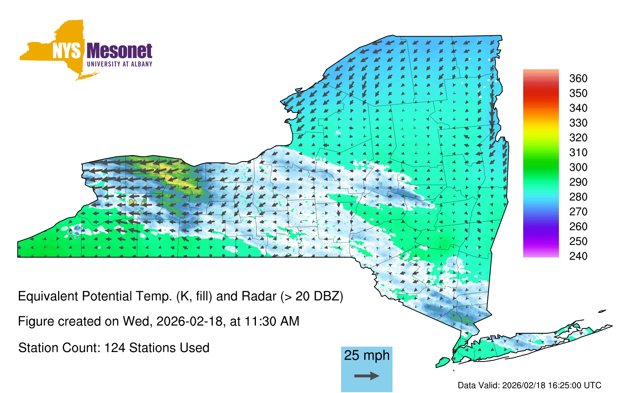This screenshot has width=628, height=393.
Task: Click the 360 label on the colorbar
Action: (x=578, y=78)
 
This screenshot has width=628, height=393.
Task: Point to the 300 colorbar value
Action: (x=578, y=167)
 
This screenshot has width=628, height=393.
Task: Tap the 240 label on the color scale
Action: (x=578, y=256)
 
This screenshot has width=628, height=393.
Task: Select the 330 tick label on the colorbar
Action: (x=578, y=123)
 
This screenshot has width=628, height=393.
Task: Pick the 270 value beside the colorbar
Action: (x=578, y=212)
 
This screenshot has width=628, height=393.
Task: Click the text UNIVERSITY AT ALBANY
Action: (x=119, y=64)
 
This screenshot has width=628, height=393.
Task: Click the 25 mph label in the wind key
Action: (x=367, y=356)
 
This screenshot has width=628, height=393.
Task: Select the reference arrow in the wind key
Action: (x=367, y=376)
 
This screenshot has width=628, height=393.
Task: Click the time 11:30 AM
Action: (x=272, y=321)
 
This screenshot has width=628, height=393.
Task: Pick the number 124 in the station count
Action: (x=114, y=348)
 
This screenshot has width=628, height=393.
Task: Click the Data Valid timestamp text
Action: (x=529, y=385)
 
